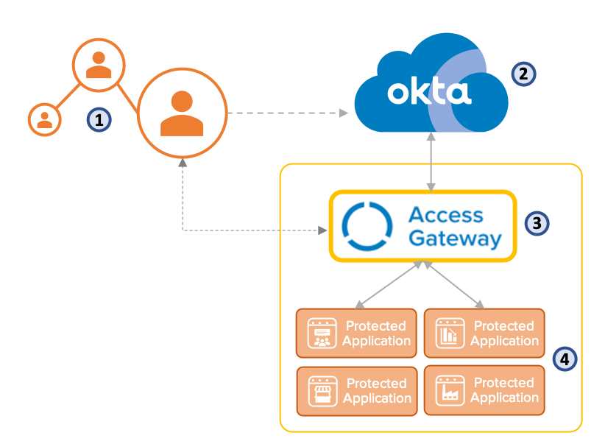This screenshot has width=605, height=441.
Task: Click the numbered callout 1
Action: point(98,119)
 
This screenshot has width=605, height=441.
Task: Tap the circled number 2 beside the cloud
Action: point(524,73)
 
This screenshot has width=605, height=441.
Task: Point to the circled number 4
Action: point(565,359)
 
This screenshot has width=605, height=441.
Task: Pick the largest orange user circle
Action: point(181,114)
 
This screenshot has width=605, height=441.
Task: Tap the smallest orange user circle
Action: point(44,119)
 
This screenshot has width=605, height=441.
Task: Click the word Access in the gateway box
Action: point(446,215)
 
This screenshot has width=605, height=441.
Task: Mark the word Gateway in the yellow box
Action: point(455,239)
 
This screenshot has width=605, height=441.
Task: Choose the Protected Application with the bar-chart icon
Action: point(484,333)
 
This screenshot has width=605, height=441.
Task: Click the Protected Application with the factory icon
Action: point(484,390)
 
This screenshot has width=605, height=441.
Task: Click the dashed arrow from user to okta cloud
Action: point(287,113)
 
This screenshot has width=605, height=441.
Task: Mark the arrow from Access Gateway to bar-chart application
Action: point(452,283)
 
